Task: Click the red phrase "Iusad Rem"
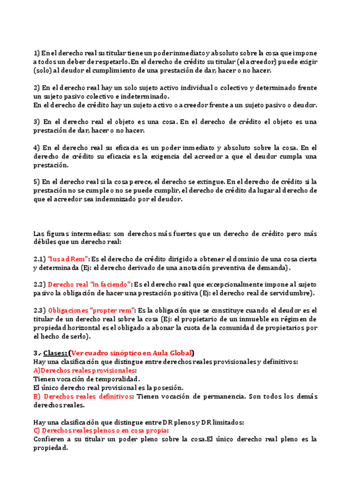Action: [68, 259]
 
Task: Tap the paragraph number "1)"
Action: [37, 53]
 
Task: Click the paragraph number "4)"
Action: [37, 148]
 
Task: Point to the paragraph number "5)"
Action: [37, 182]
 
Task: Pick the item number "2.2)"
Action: [40, 284]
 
